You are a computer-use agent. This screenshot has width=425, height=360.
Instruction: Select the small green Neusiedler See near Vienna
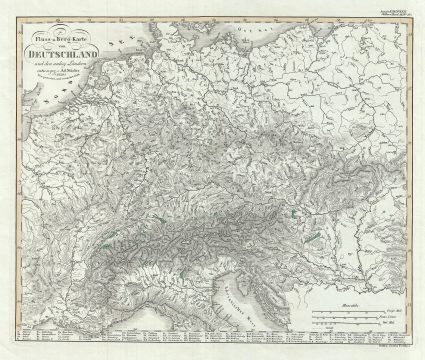(x=293, y=211)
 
